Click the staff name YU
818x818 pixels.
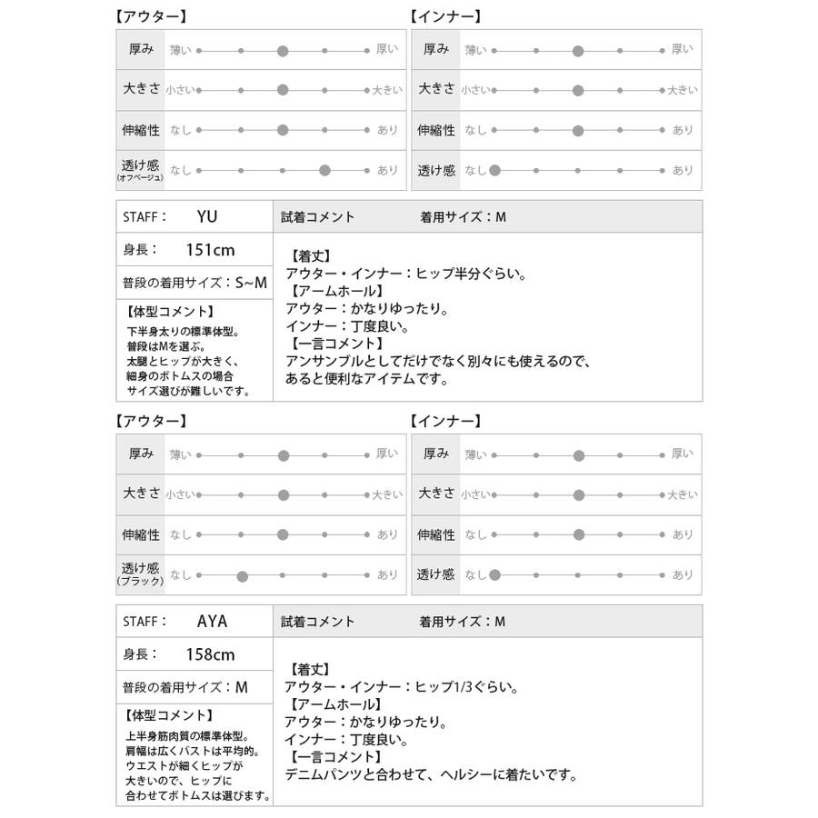[x=207, y=216]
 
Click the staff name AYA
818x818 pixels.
[x=213, y=622]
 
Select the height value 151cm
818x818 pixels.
[x=210, y=250]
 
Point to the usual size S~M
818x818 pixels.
[x=251, y=283]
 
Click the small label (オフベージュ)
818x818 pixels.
[x=139, y=179]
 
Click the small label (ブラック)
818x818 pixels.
[x=139, y=582]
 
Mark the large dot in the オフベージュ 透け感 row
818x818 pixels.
[x=324, y=170]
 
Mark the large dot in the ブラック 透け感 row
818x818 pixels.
[x=242, y=575]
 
